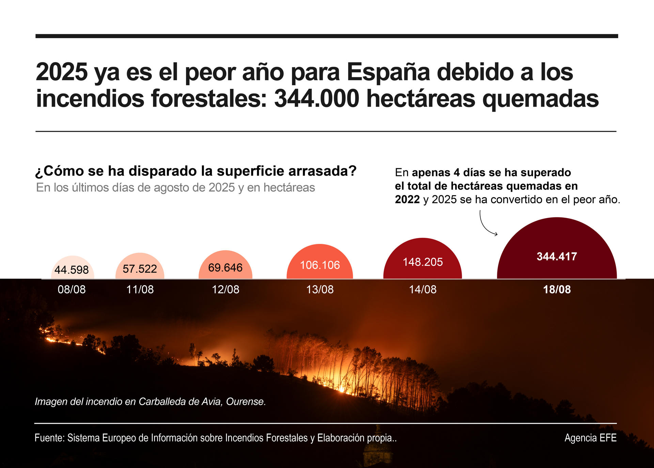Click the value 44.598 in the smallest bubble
click(72, 270)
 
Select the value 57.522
click(140, 269)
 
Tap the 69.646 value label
click(225, 268)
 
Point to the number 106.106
click(320, 265)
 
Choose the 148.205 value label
click(422, 262)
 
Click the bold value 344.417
click(557, 256)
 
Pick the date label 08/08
click(72, 290)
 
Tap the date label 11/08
click(140, 290)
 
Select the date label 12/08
click(225, 290)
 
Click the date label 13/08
click(320, 290)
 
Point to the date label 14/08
click(422, 290)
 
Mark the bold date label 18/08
click(557, 290)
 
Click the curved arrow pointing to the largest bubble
click(486, 225)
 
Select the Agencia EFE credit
click(590, 438)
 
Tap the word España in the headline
click(388, 72)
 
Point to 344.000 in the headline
click(316, 99)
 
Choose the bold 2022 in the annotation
click(407, 199)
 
